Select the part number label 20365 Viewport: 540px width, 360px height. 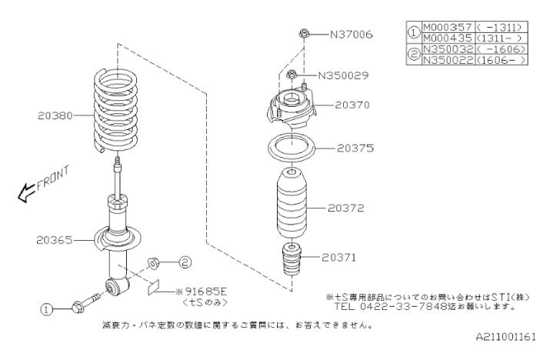(x=53, y=239)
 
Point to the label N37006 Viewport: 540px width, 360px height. (x=351, y=34)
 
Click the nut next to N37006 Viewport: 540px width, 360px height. (x=303, y=34)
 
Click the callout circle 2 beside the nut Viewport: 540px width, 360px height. (x=185, y=262)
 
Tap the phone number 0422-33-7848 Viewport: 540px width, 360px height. (x=400, y=305)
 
